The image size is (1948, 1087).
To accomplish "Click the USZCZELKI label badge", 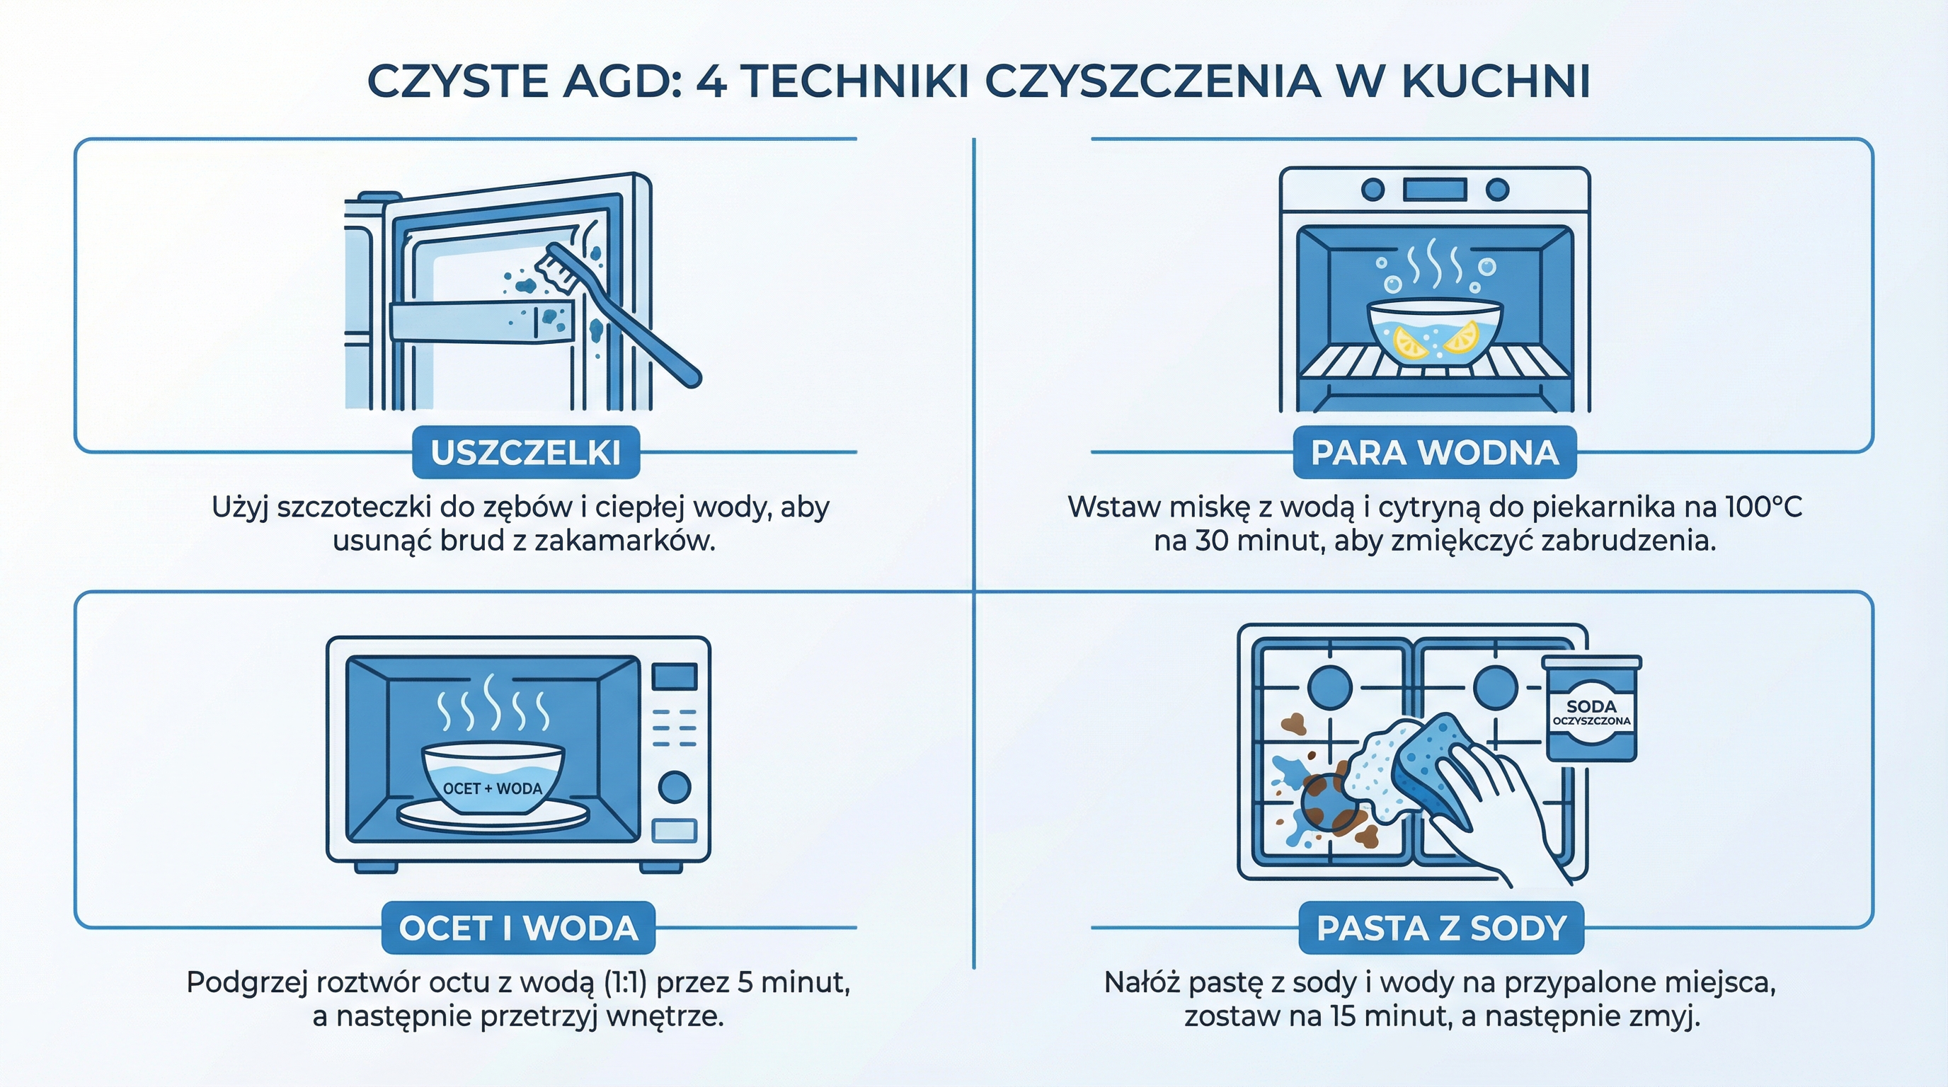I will pos(525,452).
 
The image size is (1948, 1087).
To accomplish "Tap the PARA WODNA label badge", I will pos(1435,452).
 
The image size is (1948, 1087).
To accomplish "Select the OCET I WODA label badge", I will pos(518,928).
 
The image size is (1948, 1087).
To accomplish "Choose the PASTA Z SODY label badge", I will pos(1440,928).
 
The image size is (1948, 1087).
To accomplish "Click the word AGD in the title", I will pos(621,81).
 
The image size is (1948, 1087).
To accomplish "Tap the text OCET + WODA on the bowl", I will pos(492,788).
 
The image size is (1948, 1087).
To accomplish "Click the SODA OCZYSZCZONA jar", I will pos(1591,711).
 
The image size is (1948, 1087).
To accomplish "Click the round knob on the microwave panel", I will pos(674,787).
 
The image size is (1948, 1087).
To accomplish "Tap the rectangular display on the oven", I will pos(1435,189).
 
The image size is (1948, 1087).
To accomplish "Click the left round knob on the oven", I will pos(1373,189).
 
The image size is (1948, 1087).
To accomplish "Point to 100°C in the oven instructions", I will pos(1763,507).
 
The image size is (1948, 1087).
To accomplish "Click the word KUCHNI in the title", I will pos(1495,81).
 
